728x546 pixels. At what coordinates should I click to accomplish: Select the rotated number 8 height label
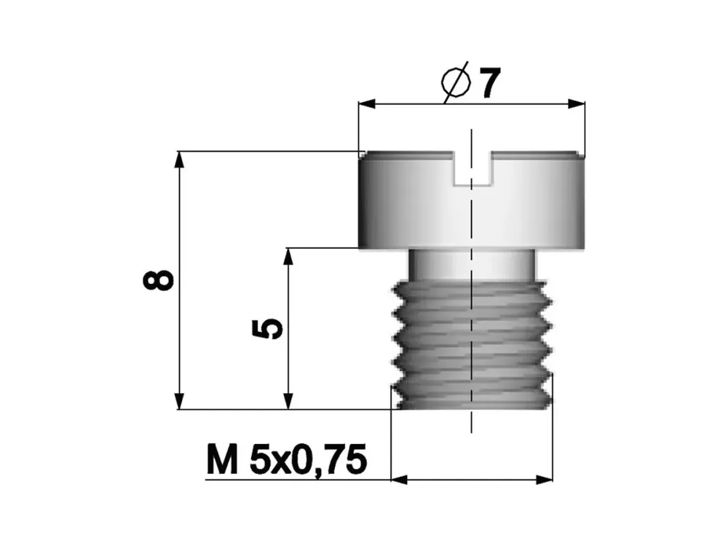pos(160,280)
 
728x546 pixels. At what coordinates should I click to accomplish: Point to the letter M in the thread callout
pos(221,461)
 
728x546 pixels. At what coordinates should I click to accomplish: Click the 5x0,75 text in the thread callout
pos(306,461)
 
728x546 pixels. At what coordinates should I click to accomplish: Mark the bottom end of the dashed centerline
pos(472,431)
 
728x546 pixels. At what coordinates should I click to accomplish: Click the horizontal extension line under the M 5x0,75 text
pos(291,479)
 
